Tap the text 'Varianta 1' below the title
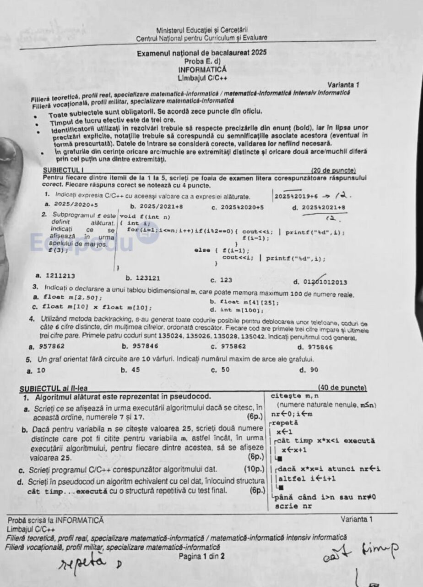[343, 85]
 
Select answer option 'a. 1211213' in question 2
[55, 276]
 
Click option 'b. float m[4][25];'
[244, 302]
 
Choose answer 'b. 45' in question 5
[130, 370]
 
